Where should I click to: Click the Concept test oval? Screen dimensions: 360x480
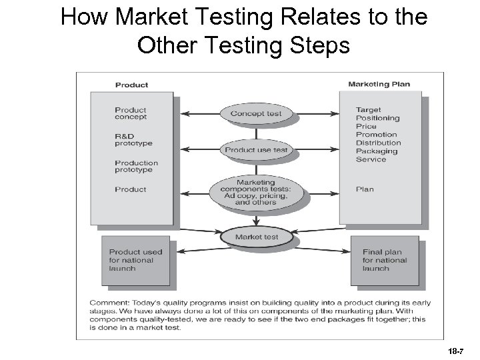coord(256,113)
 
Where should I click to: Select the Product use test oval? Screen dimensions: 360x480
coord(256,150)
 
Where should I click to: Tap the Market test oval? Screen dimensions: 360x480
coord(256,237)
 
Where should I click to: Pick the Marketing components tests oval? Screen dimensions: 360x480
coord(256,192)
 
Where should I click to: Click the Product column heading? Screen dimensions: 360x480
coord(131,85)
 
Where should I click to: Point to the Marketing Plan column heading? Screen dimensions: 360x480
coord(379,85)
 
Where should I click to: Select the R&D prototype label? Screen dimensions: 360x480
coord(133,140)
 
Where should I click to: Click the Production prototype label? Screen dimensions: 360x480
coord(136,166)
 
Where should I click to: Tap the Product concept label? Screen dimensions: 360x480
coord(131,113)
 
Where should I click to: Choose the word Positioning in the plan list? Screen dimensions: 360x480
coord(377,118)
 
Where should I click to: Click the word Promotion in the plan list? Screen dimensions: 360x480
coord(376,135)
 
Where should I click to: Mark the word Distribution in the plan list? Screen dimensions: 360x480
coord(378,143)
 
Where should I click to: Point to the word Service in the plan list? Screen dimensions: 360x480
coord(371,159)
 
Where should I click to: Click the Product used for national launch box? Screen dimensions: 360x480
coord(135,259)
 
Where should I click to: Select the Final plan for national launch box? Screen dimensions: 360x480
coord(385,259)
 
